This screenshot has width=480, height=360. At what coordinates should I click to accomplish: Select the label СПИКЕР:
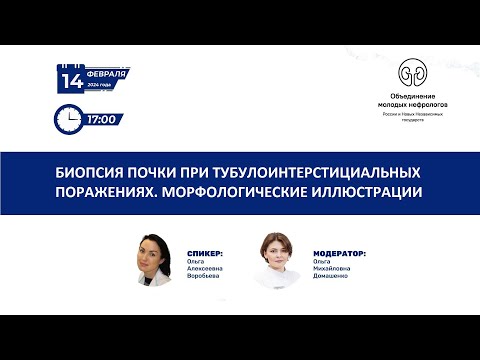204,254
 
